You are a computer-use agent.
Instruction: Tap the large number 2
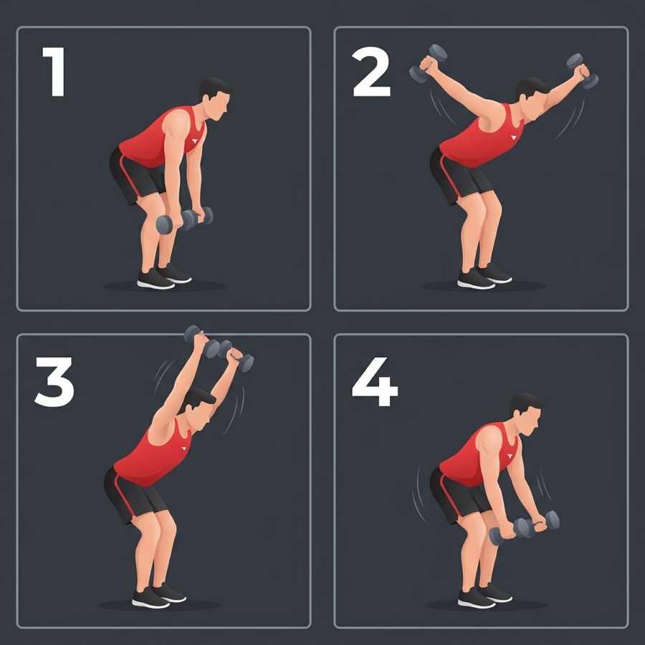371,72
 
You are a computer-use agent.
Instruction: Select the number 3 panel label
54,382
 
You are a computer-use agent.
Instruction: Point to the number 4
375,382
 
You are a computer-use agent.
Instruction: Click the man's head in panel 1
214,99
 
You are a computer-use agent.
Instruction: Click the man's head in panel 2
530,98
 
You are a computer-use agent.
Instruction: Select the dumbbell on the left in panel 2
428,64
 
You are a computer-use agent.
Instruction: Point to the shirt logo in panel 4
510,456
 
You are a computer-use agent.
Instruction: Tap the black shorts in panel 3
133,495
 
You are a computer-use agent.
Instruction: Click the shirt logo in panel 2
513,138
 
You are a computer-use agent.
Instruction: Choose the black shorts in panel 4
457,494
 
